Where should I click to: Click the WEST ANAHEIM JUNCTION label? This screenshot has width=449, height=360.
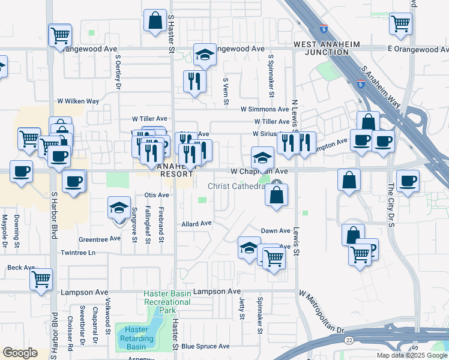click(x=321, y=48)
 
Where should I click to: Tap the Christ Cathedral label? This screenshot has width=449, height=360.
click(x=236, y=186)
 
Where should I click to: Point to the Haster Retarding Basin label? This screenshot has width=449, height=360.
click(x=133, y=338)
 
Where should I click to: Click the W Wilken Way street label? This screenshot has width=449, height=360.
click(x=77, y=101)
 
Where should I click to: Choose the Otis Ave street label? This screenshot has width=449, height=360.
click(x=157, y=195)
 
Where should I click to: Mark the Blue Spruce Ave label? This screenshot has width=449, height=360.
click(x=205, y=346)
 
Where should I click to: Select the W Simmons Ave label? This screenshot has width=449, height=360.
click(x=265, y=109)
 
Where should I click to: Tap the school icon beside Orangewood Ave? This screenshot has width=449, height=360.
click(x=205, y=55)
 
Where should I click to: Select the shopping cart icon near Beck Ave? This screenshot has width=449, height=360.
click(x=41, y=278)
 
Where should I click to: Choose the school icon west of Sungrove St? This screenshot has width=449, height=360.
click(x=119, y=208)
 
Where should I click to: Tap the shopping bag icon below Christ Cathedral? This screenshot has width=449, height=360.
click(x=276, y=195)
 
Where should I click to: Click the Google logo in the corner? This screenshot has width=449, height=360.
click(x=20, y=353)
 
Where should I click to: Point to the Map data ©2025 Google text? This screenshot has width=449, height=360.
click(x=412, y=355)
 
